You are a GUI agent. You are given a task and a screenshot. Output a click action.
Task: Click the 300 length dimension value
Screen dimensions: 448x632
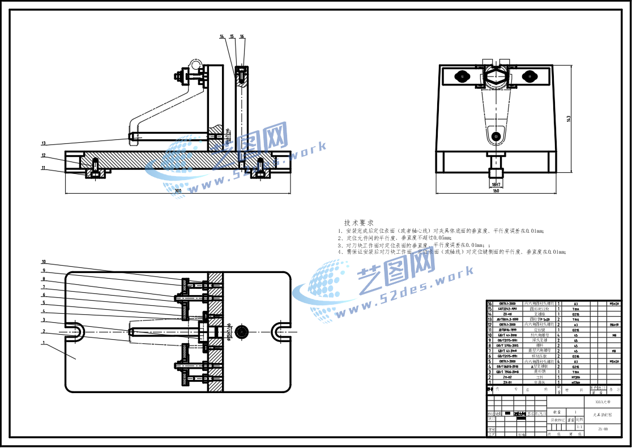tap(178, 191)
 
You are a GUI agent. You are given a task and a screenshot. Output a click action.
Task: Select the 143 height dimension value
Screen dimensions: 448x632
tap(568, 118)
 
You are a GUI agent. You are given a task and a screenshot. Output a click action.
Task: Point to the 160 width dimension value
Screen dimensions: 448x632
tap(496, 191)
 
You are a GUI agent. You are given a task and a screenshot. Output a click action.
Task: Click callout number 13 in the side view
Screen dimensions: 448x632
tap(43, 143)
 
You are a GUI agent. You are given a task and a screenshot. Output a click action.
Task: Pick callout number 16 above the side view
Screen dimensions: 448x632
tap(242, 36)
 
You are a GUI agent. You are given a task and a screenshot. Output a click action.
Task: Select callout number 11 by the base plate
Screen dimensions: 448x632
tap(43, 168)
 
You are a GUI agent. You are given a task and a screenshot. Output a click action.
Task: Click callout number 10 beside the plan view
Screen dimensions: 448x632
tap(43, 262)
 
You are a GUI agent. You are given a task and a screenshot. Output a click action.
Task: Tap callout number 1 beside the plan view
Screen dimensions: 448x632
tap(43, 343)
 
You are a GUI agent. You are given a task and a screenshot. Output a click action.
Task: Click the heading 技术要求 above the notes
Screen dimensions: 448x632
tap(358, 223)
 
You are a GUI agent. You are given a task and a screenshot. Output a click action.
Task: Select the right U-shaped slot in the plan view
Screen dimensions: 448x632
tap(280, 331)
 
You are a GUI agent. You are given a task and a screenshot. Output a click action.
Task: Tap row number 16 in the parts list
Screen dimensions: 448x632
tap(490, 304)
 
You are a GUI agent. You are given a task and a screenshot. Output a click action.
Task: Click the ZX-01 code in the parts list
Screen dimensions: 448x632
tap(507, 382)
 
